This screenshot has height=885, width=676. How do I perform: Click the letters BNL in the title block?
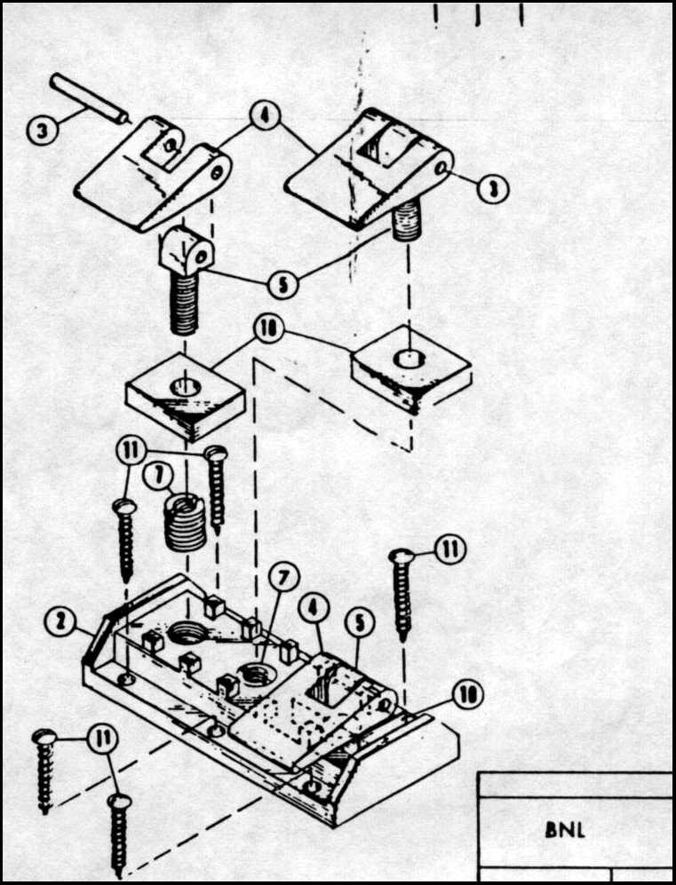565,830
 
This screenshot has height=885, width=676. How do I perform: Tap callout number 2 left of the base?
60,622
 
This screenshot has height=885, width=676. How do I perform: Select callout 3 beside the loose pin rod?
43,131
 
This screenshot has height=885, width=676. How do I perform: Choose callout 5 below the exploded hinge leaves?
282,284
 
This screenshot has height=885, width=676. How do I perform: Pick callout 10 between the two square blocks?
268,329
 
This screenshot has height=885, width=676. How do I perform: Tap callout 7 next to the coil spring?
157,477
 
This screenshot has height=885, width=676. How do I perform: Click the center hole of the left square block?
186,387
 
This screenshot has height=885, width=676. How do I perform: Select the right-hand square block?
411,369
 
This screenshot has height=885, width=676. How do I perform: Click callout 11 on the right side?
450,549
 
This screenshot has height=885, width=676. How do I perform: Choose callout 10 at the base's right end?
467,695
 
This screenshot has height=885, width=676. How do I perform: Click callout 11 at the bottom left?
102,739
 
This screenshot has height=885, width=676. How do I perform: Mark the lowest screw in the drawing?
119,835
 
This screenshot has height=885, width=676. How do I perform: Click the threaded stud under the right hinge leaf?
406,221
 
